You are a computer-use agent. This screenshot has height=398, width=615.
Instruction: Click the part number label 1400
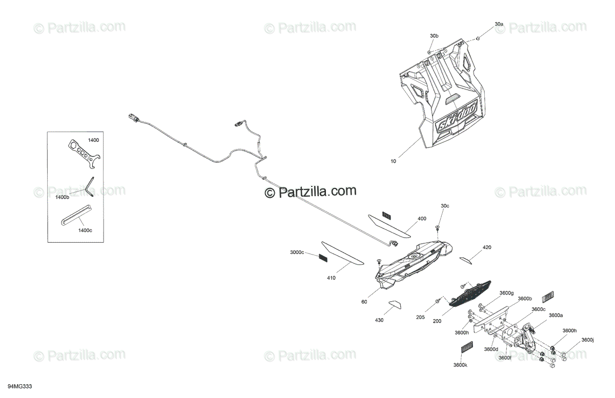tap(93, 140)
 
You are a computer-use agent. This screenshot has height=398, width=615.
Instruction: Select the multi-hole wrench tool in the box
tap(84, 154)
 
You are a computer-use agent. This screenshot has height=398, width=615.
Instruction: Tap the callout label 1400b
tap(63, 197)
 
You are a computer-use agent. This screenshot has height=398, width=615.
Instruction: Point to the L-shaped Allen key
tap(90, 186)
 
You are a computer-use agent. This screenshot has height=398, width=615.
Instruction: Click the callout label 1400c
tap(85, 231)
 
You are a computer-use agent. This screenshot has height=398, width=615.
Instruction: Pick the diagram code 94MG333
tap(20, 386)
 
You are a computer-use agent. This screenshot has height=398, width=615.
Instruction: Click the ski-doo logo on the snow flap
tap(456, 118)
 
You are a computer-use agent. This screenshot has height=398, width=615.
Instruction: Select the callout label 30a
tap(499, 24)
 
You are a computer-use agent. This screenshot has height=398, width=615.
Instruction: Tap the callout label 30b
tap(434, 36)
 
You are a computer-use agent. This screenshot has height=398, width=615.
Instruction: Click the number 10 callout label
tap(393, 161)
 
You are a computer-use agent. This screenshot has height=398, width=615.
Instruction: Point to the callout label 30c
tap(445, 206)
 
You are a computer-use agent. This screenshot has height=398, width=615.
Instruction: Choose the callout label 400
tap(422, 219)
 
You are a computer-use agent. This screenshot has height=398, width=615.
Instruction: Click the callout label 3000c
tap(297, 252)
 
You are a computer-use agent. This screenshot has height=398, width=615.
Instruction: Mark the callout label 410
tap(331, 278)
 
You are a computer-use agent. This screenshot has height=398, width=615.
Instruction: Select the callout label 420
tap(487, 247)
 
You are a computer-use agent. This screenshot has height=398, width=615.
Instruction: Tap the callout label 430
tap(379, 320)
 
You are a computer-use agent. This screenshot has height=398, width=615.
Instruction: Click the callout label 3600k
tap(460, 365)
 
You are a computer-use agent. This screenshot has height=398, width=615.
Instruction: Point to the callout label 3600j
tap(587, 340)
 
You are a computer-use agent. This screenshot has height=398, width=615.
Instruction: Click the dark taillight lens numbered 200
tap(470, 293)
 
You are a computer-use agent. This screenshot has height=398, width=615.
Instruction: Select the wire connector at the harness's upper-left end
tap(133, 118)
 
